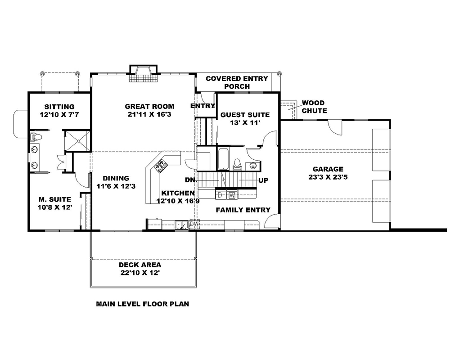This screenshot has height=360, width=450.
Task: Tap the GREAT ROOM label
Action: pos(149,107)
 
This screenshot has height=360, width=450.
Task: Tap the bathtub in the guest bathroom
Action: pos(223,159)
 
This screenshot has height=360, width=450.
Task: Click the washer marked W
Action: pos(232,195)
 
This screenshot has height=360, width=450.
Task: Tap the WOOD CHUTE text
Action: pos(314,107)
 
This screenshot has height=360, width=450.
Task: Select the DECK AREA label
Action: pos(140,265)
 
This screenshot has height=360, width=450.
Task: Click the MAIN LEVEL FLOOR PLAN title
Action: pos(143,304)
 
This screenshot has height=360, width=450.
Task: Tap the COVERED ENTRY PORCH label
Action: pos(237,82)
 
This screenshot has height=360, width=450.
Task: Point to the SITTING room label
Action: pos(59,107)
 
